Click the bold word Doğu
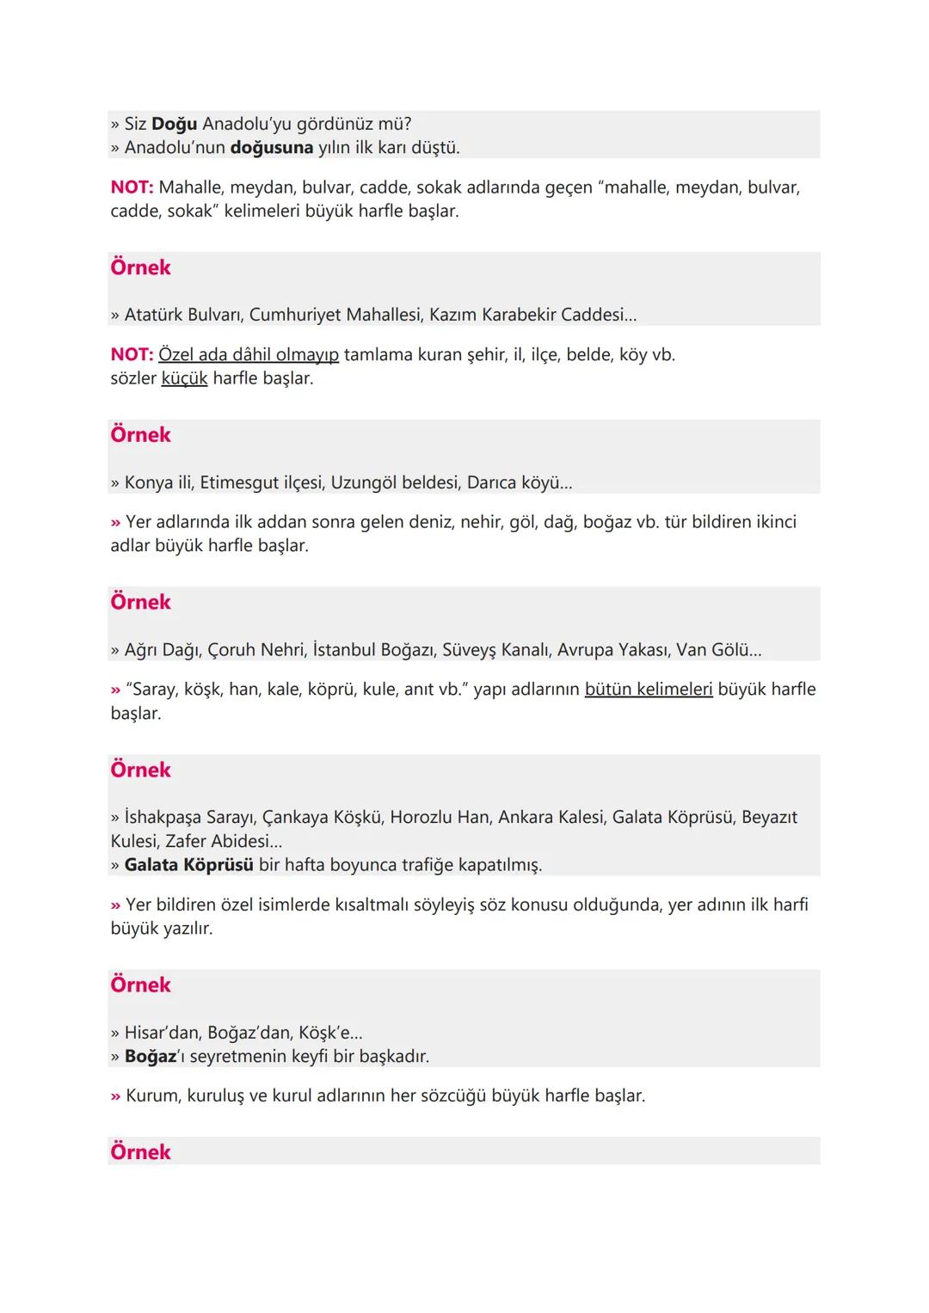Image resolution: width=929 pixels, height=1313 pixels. point(174,124)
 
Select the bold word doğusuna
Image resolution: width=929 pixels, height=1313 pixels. point(272,148)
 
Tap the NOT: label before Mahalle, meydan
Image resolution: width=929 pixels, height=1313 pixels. point(132,187)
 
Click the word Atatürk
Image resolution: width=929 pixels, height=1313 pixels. point(153,315)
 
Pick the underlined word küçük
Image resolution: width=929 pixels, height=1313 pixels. point(184,378)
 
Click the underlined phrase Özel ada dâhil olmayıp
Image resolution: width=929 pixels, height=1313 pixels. point(249,354)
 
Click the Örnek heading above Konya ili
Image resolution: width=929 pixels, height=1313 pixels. point(140,435)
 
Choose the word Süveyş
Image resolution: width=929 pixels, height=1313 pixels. point(469,650)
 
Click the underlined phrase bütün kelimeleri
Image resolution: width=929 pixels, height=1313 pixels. point(649,690)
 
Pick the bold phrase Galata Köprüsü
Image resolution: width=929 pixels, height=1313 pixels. point(188,865)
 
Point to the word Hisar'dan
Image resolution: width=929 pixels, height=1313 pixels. point(163,1033)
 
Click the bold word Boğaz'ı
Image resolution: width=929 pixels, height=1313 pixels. point(154,1056)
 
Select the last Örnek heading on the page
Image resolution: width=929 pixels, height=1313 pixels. point(140,1152)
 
